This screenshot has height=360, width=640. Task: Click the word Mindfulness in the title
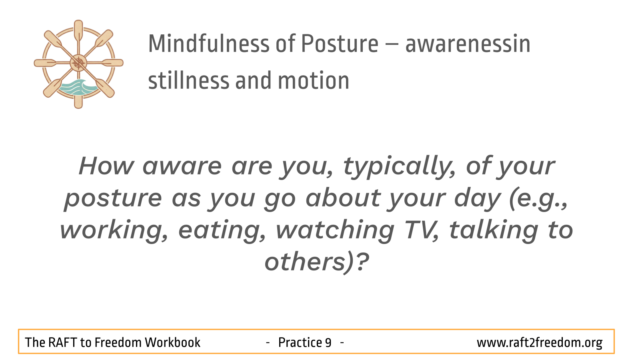(x=208, y=44)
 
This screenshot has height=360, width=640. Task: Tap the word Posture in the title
(x=340, y=44)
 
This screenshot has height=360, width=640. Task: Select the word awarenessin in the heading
(x=468, y=44)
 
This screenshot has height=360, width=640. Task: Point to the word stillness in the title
(x=189, y=80)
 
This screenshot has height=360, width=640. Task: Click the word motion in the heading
(x=314, y=80)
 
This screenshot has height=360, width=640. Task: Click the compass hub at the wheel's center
(x=78, y=63)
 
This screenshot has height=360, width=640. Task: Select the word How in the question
(x=106, y=166)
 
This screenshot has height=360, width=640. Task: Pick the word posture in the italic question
(x=113, y=198)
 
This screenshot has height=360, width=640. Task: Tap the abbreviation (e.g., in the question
(x=538, y=198)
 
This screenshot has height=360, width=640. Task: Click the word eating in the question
(x=222, y=230)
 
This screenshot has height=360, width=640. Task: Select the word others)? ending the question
(x=317, y=262)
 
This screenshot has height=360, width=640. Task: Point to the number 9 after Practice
(x=328, y=342)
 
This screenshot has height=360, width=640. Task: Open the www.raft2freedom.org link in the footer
(x=540, y=343)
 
